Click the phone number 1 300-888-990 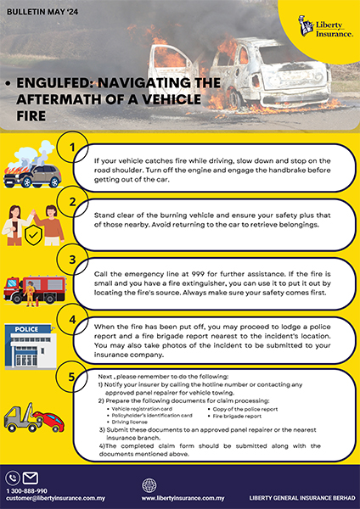[28, 489]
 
